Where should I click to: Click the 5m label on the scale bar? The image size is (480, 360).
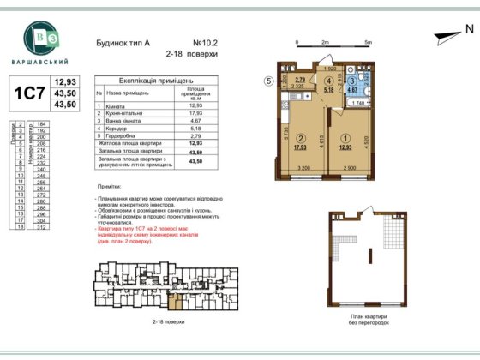point(368,41)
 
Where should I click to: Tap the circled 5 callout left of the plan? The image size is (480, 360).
point(267,83)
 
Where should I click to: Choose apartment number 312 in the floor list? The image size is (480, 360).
point(41,227)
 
